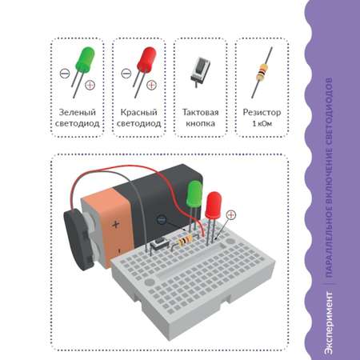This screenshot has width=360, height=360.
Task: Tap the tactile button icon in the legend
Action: click(x=200, y=70)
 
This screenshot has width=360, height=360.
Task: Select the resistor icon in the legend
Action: click(x=262, y=72)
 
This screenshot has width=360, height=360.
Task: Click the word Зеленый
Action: click(x=77, y=112)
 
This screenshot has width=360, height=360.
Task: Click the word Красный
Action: click(x=138, y=112)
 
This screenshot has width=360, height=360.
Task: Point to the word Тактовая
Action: click(x=200, y=112)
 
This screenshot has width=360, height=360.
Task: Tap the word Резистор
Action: click(x=262, y=112)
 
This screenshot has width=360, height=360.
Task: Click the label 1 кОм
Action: click(x=262, y=123)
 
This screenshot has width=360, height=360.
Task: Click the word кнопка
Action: click(x=200, y=123)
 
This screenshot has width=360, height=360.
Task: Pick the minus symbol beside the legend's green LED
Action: click(x=65, y=73)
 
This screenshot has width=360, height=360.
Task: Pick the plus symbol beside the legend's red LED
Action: click(x=151, y=85)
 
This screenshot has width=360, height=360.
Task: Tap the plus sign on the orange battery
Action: click(x=115, y=224)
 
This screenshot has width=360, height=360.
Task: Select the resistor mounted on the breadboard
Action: click(x=184, y=242)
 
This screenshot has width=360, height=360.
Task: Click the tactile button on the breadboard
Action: click(x=159, y=245)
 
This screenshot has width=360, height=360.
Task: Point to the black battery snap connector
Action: click(x=78, y=239)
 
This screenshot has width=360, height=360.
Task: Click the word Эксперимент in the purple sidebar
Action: click(x=329, y=323)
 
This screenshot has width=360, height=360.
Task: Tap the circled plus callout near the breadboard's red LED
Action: click(x=231, y=214)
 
